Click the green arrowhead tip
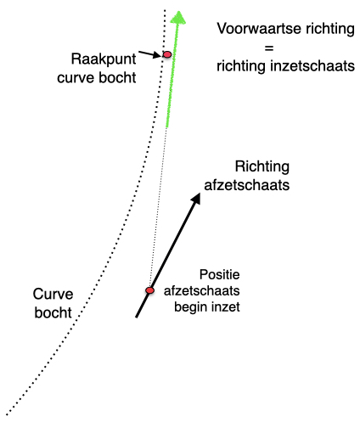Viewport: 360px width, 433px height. pyautogui.click(x=178, y=11)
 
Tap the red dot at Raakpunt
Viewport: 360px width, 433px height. pyautogui.click(x=167, y=54)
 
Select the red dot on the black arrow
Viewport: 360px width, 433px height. pyautogui.click(x=149, y=290)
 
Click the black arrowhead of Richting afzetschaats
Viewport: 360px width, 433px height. pyautogui.click(x=196, y=198)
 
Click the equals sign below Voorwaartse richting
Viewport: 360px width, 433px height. pyautogui.click(x=269, y=48)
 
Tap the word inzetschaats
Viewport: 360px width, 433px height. pyautogui.click(x=312, y=66)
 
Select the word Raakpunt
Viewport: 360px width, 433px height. pyautogui.click(x=104, y=59)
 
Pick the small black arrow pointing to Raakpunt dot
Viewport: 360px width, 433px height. pyautogui.click(x=149, y=54)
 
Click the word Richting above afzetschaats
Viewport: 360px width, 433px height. pyautogui.click(x=262, y=166)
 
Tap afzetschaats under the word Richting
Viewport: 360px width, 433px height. pyautogui.click(x=247, y=185)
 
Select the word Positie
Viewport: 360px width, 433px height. pyautogui.click(x=220, y=274)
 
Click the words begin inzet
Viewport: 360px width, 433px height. pyautogui.click(x=207, y=307)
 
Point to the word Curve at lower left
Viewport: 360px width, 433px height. pyautogui.click(x=53, y=294)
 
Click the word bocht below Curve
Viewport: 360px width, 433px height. pyautogui.click(x=53, y=312)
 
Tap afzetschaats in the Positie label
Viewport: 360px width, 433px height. pyautogui.click(x=202, y=291)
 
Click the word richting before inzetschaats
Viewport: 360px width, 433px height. pyautogui.click(x=241, y=66)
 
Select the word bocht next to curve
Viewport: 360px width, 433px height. pyautogui.click(x=117, y=77)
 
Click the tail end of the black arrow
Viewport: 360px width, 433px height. pyautogui.click(x=136, y=318)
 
